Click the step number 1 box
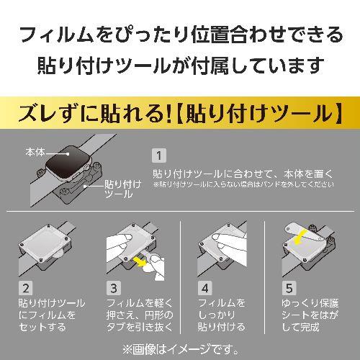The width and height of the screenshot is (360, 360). (160, 155)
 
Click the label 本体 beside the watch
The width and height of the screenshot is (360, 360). (35, 153)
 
